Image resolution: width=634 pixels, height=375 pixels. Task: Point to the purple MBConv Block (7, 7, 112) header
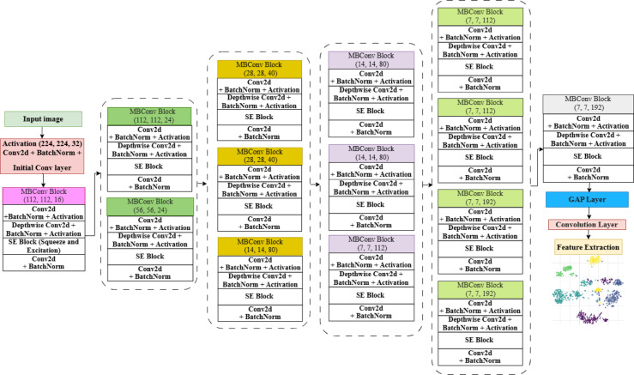click(369, 242)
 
